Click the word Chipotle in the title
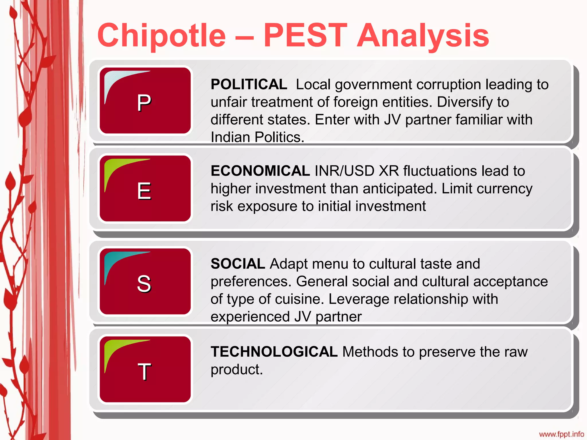point(162,36)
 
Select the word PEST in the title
point(305,36)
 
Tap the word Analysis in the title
point(423,36)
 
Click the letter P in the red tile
point(144,103)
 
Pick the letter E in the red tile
point(144,191)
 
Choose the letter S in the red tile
point(144,284)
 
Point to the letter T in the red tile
point(144,372)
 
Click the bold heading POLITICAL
point(249,85)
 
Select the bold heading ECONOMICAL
point(260,171)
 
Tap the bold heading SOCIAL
point(238,264)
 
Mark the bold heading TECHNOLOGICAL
point(274,352)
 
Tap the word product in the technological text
point(236,370)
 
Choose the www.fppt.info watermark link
point(561,434)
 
